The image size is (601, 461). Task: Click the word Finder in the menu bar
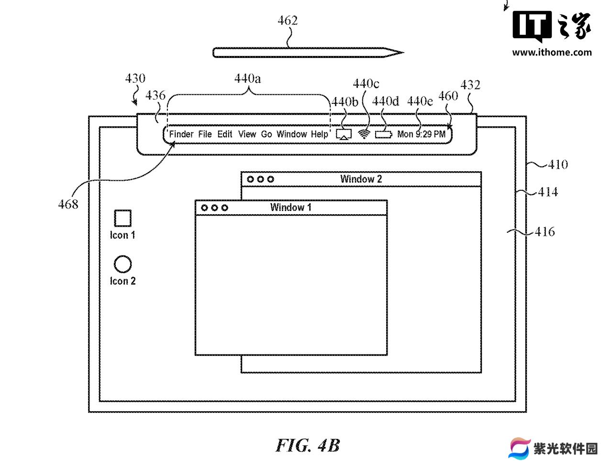(x=181, y=134)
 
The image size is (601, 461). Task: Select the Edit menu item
(x=224, y=134)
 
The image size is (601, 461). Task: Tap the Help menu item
(x=320, y=134)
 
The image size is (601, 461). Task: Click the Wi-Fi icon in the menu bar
(x=364, y=134)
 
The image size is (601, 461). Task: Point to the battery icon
(x=384, y=134)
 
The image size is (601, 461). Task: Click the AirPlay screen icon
(x=344, y=134)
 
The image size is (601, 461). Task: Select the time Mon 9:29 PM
(x=421, y=134)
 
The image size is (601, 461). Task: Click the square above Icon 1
(x=123, y=219)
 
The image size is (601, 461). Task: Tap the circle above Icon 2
(x=123, y=264)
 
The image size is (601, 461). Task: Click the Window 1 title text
(x=290, y=207)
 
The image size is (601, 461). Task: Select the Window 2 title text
(x=361, y=179)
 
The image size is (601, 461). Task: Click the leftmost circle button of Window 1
(x=204, y=208)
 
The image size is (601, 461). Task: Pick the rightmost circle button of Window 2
(x=270, y=179)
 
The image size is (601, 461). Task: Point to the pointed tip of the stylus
(x=403, y=52)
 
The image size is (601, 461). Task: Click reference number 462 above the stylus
(x=288, y=21)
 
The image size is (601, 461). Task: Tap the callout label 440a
(x=247, y=79)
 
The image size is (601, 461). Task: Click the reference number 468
(x=68, y=205)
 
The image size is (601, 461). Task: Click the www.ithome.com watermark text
(x=552, y=53)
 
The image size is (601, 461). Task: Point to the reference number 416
(x=545, y=231)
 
